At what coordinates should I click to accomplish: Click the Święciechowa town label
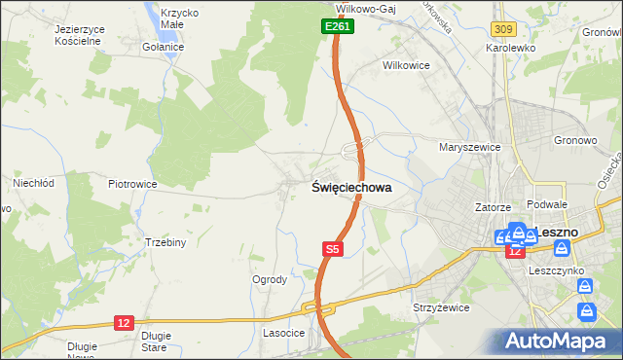pyautogui.click(x=352, y=188)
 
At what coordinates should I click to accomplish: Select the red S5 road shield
pyautogui.click(x=333, y=250)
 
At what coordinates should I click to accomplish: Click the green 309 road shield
pyautogui.click(x=503, y=32)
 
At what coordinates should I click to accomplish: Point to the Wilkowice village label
pyautogui.click(x=406, y=66)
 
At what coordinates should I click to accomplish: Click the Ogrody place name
pyautogui.click(x=270, y=279)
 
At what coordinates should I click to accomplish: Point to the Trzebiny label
pyautogui.click(x=165, y=242)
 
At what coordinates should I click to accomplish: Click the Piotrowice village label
pyautogui.click(x=133, y=183)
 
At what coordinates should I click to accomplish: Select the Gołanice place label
pyautogui.click(x=163, y=47)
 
